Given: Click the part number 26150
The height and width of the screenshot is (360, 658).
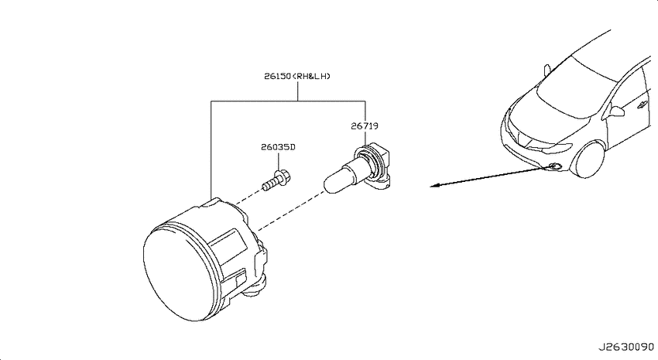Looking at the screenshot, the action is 278,77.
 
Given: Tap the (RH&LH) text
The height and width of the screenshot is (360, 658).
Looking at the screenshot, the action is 311,77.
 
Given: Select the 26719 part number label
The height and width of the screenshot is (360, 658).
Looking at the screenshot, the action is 365,126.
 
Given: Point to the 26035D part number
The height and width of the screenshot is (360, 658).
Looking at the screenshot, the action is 278,147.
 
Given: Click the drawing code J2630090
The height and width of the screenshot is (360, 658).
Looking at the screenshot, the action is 626,348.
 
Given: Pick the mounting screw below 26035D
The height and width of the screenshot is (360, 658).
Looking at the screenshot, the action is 277,180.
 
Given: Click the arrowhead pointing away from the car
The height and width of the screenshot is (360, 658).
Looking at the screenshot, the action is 435,186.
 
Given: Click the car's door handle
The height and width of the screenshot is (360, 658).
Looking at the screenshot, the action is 642,105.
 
